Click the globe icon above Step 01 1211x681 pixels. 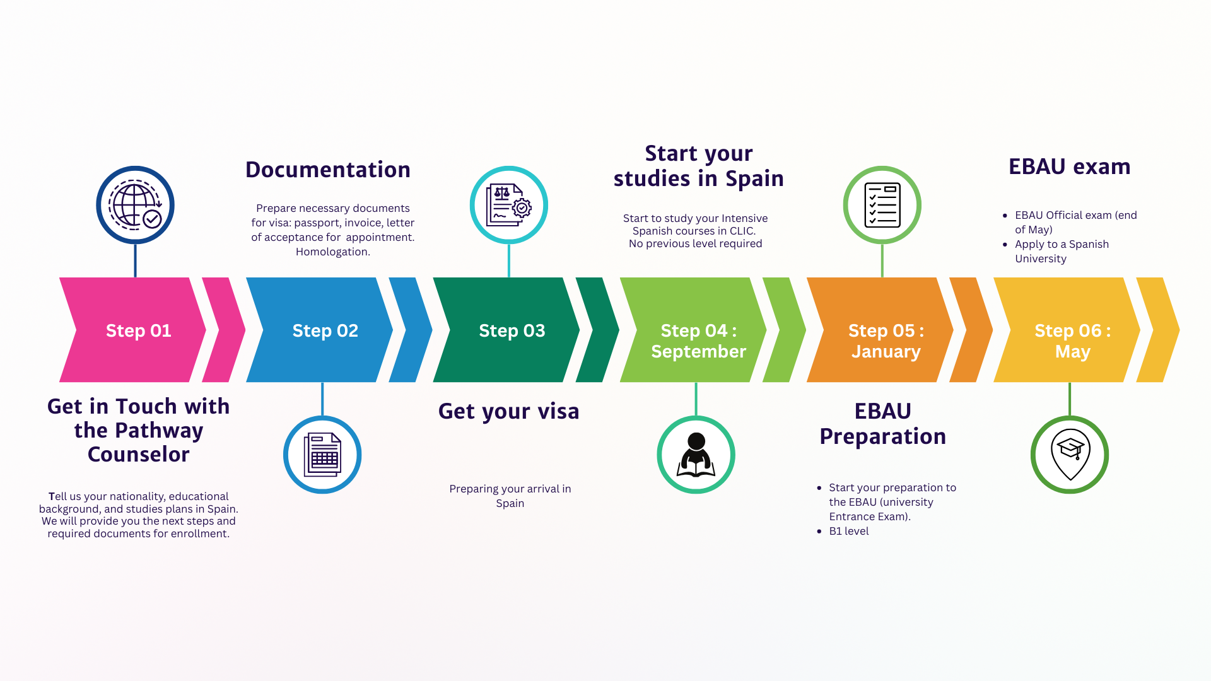click(135, 205)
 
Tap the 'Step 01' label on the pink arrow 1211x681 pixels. click(138, 330)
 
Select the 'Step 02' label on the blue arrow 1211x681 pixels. click(325, 330)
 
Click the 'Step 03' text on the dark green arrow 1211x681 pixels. click(512, 330)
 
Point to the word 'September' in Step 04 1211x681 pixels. click(698, 351)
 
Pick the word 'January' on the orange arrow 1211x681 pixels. click(886, 351)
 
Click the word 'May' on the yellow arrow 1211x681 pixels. click(1072, 351)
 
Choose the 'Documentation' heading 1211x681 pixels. click(328, 170)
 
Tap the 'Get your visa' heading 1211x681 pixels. click(508, 411)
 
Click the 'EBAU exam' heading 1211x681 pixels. click(1069, 166)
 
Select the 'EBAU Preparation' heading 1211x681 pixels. click(882, 424)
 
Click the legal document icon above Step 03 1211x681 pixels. click(508, 205)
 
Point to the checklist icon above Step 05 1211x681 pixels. click(882, 205)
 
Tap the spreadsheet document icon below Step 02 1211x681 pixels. click(322, 455)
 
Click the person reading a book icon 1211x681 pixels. click(696, 455)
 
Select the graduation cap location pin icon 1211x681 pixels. click(1070, 455)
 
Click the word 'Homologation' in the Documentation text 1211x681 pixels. click(332, 252)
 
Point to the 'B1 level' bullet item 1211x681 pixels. click(848, 531)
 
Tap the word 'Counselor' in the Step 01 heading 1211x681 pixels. click(138, 454)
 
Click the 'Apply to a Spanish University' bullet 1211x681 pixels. click(1062, 251)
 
